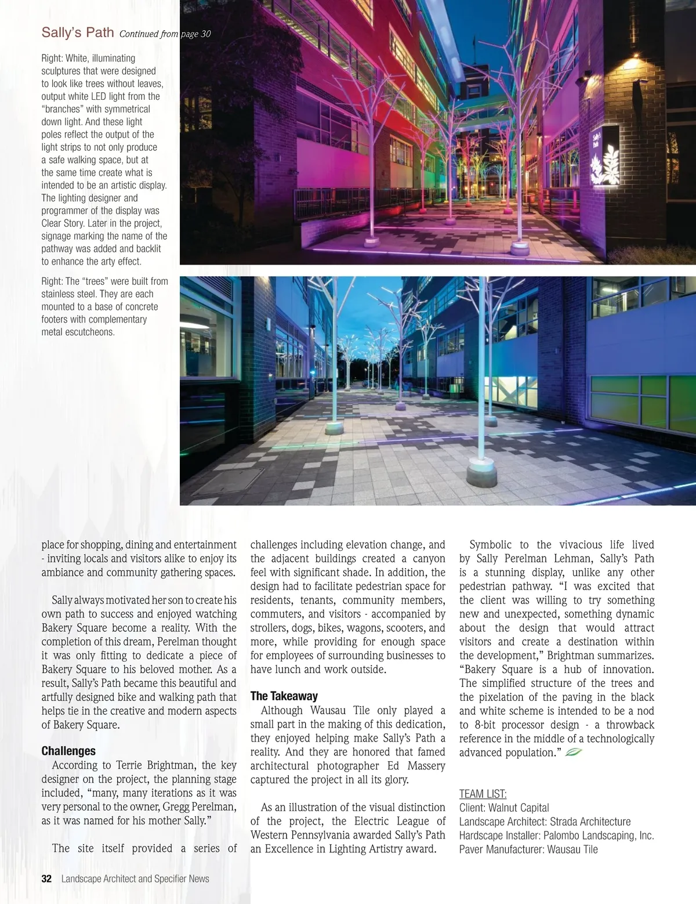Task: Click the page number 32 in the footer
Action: tap(46, 878)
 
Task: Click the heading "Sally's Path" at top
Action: tap(77, 32)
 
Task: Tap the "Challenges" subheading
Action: tap(68, 751)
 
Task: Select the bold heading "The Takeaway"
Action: tap(284, 696)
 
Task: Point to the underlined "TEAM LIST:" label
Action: tap(483, 794)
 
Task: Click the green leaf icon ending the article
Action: tap(573, 753)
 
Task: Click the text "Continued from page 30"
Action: tap(165, 34)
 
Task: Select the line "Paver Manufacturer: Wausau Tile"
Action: tap(528, 849)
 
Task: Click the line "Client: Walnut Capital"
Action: tap(504, 808)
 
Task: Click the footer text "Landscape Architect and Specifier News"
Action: tap(135, 878)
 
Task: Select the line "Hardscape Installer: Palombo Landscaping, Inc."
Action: tap(556, 836)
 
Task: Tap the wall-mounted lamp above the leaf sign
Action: tap(589, 75)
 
